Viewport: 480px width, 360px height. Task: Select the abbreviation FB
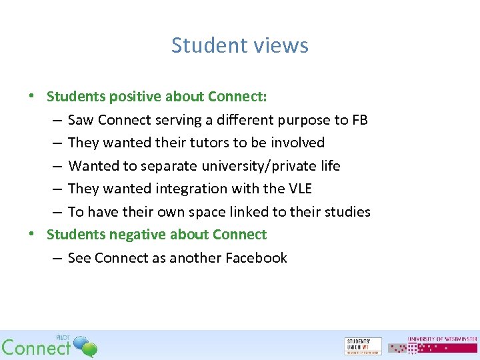(359, 120)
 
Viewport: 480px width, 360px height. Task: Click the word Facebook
(256, 258)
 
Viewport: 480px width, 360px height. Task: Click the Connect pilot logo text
(37, 347)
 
